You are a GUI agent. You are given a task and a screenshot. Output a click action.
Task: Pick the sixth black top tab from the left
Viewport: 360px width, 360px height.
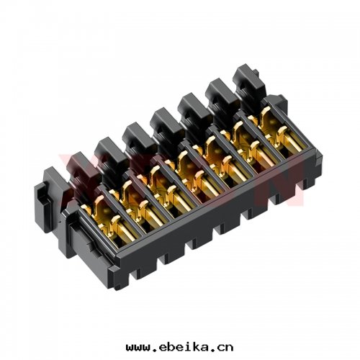tap(217, 91)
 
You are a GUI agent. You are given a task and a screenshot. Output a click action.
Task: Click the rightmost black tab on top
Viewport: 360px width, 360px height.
tap(245, 78)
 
